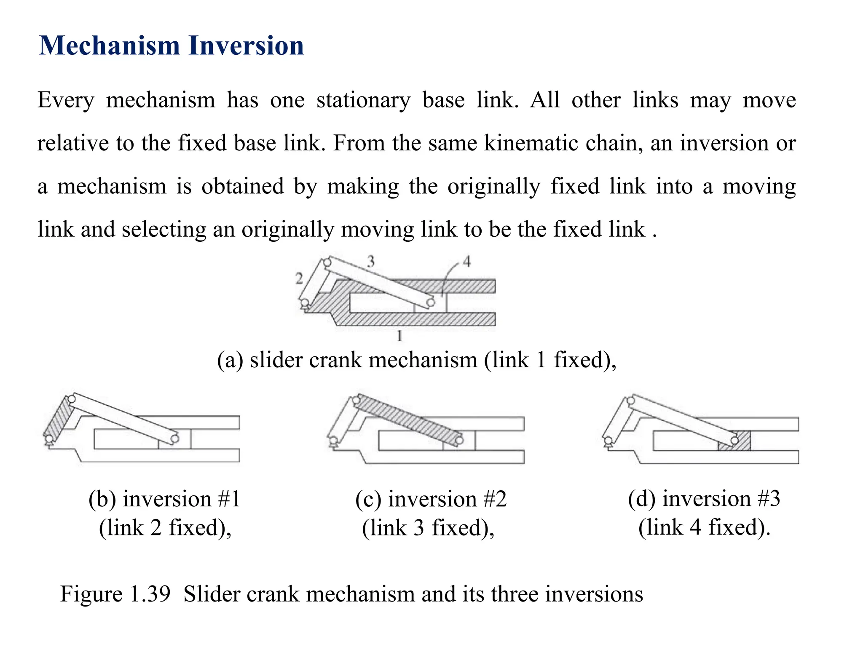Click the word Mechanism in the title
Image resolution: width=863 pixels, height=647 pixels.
click(109, 45)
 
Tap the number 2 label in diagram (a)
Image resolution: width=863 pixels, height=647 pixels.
click(299, 278)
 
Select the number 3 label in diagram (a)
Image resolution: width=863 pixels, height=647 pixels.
click(371, 262)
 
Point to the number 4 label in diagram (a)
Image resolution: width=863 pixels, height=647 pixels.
click(466, 262)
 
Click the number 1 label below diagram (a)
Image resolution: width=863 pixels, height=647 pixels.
click(399, 336)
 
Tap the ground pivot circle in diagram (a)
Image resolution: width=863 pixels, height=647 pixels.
click(304, 302)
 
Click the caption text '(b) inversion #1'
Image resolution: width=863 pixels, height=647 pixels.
click(164, 499)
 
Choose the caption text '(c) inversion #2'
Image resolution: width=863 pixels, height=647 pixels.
click(431, 499)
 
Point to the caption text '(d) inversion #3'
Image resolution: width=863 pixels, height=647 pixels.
click(704, 499)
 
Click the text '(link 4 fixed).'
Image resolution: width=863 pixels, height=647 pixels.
click(704, 527)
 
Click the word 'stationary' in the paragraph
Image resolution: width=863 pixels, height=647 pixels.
click(363, 100)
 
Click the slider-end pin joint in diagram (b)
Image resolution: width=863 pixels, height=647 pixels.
click(175, 439)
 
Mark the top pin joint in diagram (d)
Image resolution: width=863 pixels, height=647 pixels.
click(631, 400)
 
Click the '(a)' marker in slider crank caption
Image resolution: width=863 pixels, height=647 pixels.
click(230, 361)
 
